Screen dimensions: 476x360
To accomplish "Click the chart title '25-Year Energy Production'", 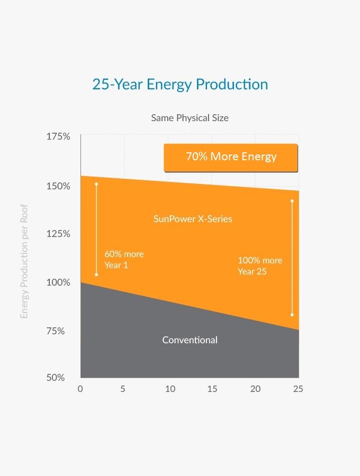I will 180,84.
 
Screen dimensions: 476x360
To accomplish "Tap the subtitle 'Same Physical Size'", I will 190,117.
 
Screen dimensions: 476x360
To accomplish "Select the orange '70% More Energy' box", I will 231,157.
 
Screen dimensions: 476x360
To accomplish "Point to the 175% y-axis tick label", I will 58,136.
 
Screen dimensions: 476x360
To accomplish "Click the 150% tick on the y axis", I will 58,186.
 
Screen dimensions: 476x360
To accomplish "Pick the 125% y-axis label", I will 58,234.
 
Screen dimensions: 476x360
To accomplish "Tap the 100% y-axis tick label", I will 58,282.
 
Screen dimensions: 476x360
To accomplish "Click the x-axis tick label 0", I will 80,389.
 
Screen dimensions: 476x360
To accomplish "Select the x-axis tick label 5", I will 123,389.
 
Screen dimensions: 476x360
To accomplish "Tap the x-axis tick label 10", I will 170,389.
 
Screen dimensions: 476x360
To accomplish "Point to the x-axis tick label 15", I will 212,389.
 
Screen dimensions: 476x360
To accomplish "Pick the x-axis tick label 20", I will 255,389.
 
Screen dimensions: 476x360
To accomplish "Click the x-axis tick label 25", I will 298,389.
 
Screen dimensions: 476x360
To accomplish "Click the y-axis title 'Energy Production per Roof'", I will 24,261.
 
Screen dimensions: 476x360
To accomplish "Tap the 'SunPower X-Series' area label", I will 193,218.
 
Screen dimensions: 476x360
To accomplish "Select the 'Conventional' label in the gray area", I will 190,340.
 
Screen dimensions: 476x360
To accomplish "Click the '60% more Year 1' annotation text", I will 124,260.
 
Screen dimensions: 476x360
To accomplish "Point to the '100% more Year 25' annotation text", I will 259,266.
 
